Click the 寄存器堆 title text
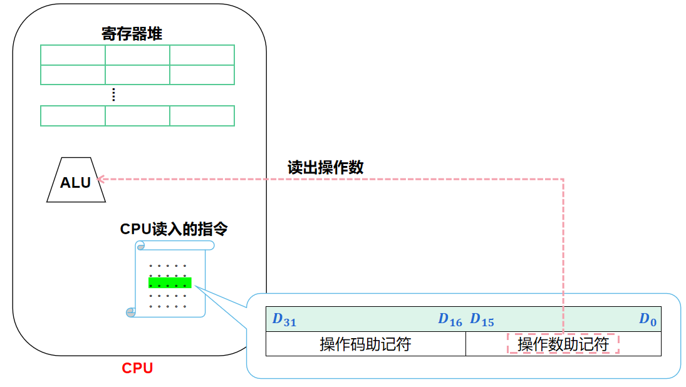click(x=132, y=34)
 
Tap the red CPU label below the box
click(x=137, y=368)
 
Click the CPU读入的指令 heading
click(x=174, y=229)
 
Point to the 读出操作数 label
click(x=325, y=168)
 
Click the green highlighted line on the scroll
click(x=170, y=282)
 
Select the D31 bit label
click(x=284, y=320)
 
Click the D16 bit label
click(x=450, y=320)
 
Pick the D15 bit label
click(x=482, y=320)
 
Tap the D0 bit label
click(x=648, y=320)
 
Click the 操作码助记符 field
click(x=365, y=344)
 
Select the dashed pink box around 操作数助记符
click(x=563, y=344)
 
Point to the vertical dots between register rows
click(x=113, y=95)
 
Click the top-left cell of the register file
click(x=73, y=55)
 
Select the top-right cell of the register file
click(x=202, y=55)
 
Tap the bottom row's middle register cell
click(x=137, y=116)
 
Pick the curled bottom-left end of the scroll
click(x=131, y=312)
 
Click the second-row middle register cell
click(x=137, y=75)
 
